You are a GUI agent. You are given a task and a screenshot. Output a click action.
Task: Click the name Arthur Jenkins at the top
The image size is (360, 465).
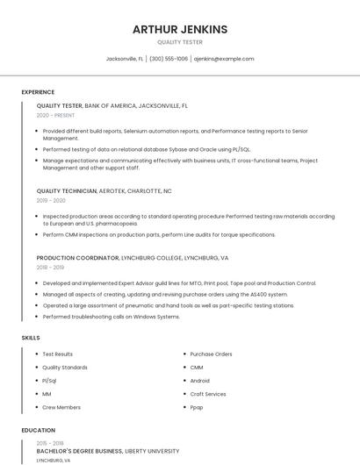pos(179,29)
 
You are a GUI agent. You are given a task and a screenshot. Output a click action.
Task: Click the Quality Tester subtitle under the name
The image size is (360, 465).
pos(179,42)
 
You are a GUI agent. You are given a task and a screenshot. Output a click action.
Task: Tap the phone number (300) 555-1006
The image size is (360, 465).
pos(169,59)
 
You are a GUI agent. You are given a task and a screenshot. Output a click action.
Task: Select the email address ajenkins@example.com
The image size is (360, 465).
pos(223,59)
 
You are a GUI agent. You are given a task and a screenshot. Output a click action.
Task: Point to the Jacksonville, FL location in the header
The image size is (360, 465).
pos(125,59)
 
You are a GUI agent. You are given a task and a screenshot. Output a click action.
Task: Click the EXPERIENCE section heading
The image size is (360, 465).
pos(38,92)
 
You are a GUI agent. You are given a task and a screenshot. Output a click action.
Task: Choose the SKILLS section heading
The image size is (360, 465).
pos(31,337)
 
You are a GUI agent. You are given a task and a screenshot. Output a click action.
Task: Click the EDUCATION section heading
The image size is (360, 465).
pos(38,431)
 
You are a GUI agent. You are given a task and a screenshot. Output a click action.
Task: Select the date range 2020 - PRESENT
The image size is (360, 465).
pos(55,115)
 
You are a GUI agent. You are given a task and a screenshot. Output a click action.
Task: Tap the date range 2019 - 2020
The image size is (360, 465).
pos(51,200)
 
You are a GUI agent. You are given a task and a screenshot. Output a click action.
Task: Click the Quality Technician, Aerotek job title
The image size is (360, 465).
pos(104,190)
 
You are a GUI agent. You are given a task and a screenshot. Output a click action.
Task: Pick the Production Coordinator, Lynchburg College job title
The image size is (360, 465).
pos(132,258)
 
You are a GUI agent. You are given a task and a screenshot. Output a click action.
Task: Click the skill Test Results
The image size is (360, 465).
pos(58,354)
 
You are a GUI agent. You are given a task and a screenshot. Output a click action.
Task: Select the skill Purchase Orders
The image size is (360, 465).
pos(211,354)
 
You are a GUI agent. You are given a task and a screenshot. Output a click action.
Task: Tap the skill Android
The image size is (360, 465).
pos(199,381)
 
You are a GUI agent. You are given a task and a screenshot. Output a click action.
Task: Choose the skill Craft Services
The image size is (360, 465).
pos(207,394)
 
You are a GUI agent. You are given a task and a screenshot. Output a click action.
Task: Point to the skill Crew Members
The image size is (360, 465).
pos(61,407)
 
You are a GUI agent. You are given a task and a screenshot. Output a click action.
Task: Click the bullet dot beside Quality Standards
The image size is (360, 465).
pos(35,368)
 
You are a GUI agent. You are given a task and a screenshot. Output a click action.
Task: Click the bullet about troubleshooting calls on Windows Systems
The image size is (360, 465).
pos(111,317)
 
